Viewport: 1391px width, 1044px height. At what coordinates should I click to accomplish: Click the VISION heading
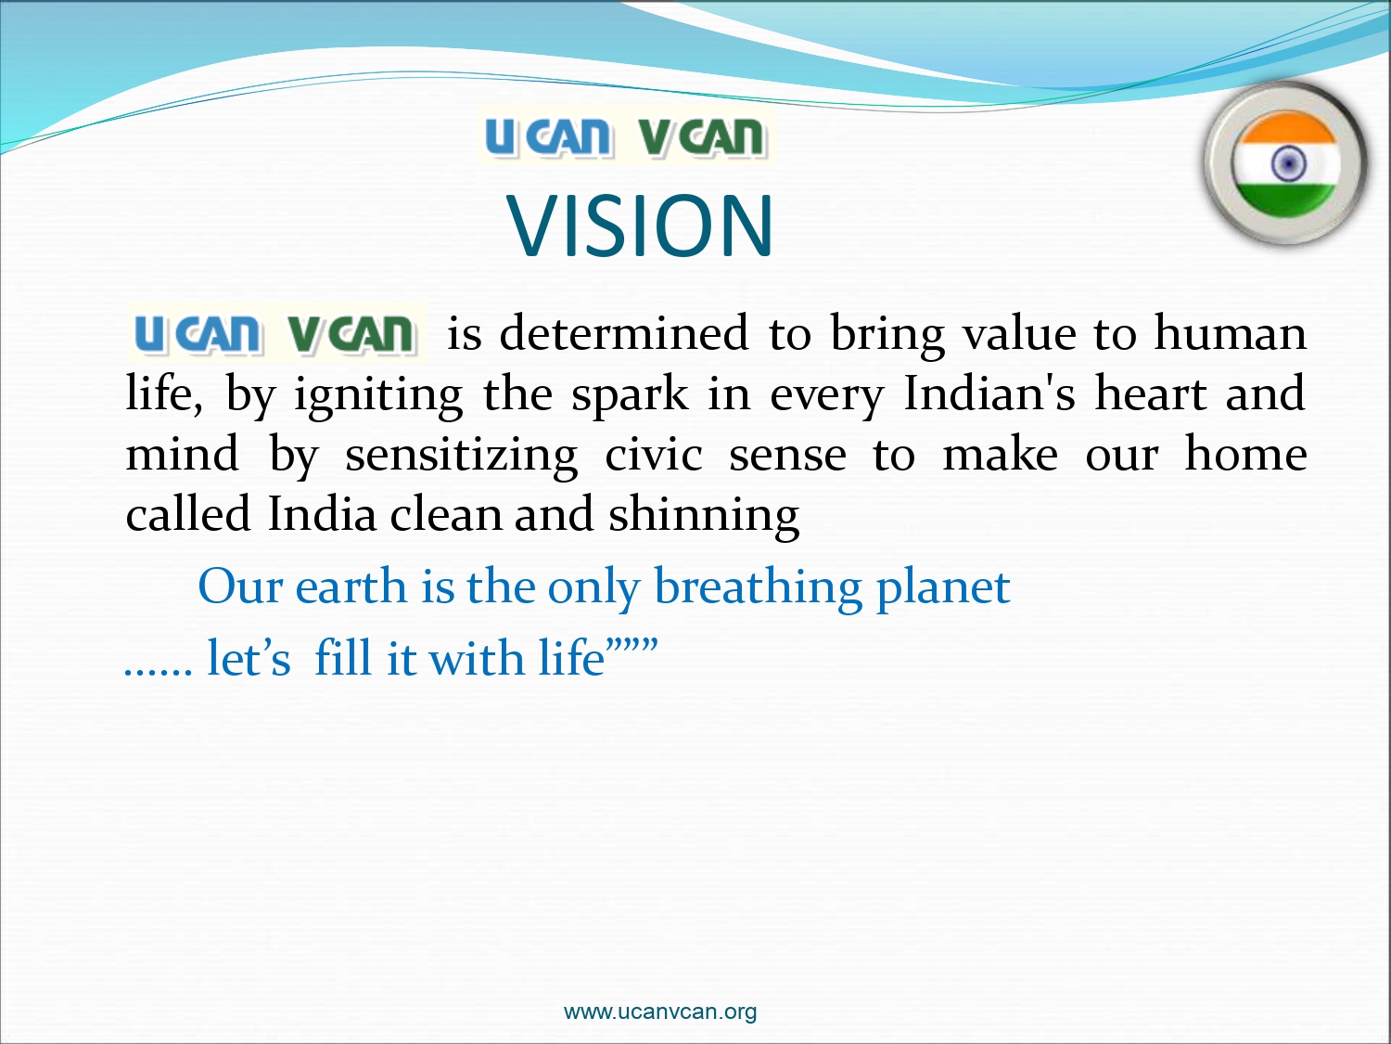click(x=640, y=226)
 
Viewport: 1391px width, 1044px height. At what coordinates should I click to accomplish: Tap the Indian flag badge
click(x=1286, y=163)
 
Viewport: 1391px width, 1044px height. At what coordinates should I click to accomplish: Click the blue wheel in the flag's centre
click(x=1288, y=164)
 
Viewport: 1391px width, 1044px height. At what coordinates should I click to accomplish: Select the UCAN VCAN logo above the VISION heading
click(x=627, y=136)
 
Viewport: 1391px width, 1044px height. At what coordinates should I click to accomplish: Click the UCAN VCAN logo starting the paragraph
click(x=276, y=332)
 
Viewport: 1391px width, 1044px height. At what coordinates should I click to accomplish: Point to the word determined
click(x=623, y=333)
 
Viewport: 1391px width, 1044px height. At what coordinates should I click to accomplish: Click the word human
click(x=1230, y=333)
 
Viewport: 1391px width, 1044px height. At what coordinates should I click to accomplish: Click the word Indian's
click(x=989, y=393)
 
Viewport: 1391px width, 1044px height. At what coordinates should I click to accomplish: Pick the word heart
click(x=1151, y=393)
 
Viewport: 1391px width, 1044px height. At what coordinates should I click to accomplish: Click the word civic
click(x=654, y=454)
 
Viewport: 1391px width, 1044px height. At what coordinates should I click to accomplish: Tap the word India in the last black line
click(x=322, y=513)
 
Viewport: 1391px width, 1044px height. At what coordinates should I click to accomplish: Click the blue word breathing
click(x=758, y=587)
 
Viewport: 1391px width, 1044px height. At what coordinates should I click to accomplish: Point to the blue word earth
click(x=351, y=587)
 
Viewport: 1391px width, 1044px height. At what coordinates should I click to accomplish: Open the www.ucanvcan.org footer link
click(x=659, y=1011)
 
